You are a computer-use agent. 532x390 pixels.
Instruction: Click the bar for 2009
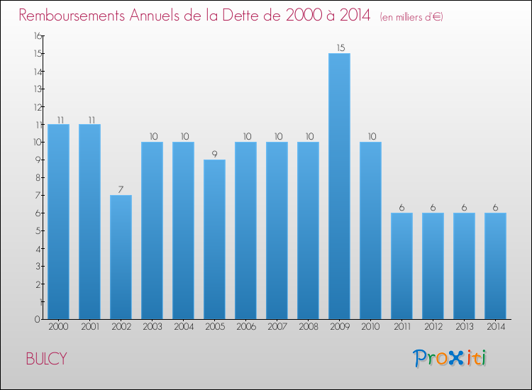pos(339,186)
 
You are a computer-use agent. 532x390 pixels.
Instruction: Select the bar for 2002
pos(121,257)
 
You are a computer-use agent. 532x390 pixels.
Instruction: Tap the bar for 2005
pos(214,239)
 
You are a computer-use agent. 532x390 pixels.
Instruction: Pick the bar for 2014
pos(495,266)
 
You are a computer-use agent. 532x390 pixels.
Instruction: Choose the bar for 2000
pos(58,221)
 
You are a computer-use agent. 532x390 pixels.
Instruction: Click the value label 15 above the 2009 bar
pos(339,48)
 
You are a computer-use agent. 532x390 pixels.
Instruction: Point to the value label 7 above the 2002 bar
pos(121,189)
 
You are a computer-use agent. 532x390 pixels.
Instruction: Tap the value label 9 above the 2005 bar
pos(214,154)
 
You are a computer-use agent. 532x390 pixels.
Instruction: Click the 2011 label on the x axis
pos(401,327)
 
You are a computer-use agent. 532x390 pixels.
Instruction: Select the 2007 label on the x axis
pos(277,327)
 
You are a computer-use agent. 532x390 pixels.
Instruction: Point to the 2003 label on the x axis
pos(152,327)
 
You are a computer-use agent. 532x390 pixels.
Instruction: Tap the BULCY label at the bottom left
pos(46,359)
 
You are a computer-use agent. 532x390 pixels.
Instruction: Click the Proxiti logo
pos(450,358)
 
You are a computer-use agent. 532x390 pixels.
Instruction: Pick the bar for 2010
pos(370,230)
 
